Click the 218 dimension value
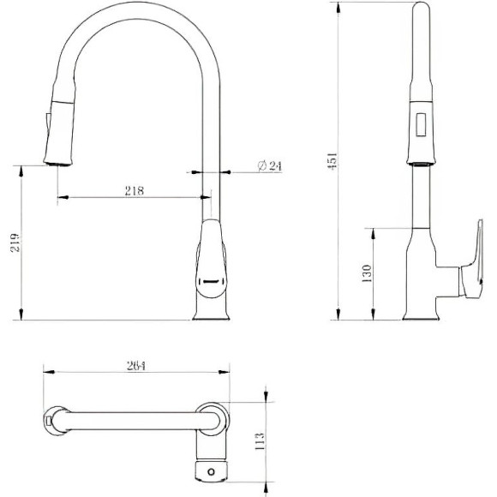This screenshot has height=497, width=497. click(134, 190)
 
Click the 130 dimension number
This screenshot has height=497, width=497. click(367, 273)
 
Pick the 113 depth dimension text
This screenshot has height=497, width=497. click(260, 440)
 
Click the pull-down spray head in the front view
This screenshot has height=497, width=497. click(58, 124)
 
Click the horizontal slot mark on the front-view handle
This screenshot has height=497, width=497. click(210, 278)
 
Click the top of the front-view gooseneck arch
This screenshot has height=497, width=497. click(137, 8)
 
